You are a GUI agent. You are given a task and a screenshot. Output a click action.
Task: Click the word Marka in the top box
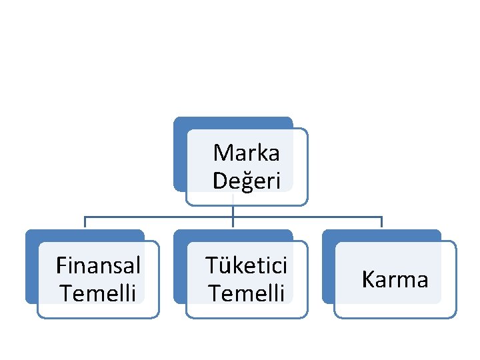(x=246, y=153)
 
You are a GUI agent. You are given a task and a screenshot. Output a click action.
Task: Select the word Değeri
(x=246, y=180)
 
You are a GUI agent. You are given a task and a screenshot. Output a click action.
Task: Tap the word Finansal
(x=98, y=265)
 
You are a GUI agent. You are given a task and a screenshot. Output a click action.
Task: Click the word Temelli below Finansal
(x=98, y=292)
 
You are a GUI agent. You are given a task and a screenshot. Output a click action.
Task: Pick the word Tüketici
(x=246, y=265)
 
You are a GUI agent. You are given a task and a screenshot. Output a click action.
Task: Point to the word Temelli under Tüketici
(x=246, y=292)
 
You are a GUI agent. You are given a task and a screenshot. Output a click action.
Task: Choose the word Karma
(x=395, y=279)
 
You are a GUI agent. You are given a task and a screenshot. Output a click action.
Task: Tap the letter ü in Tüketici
(x=221, y=265)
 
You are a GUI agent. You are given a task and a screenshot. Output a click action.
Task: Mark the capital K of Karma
(x=368, y=279)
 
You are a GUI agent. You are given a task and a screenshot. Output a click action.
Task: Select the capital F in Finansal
(x=61, y=265)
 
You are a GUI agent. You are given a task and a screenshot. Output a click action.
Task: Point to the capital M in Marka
(x=221, y=153)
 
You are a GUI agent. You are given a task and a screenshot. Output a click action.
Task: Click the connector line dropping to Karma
(x=381, y=223)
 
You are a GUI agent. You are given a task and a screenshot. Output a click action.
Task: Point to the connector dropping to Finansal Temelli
(x=84, y=223)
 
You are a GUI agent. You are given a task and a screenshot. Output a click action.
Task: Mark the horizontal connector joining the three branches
(x=160, y=217)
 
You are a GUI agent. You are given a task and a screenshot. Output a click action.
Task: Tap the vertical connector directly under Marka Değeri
(x=232, y=211)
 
